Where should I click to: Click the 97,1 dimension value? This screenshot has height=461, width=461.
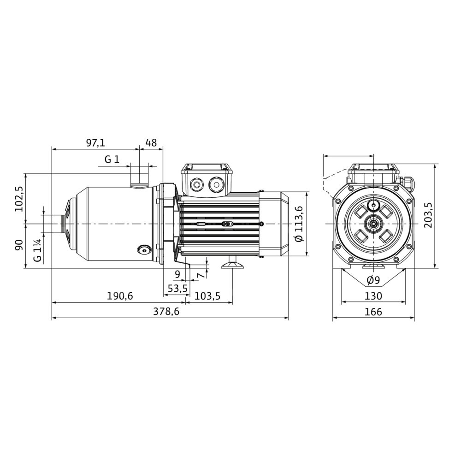(95, 143)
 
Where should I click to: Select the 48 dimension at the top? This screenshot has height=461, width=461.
(151, 143)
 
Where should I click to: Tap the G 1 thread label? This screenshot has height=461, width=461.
(112, 160)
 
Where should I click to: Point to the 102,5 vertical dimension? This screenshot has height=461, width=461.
(19, 199)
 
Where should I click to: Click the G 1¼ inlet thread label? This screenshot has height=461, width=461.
(37, 250)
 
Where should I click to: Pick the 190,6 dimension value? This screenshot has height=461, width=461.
(120, 296)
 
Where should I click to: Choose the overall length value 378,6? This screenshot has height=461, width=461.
(166, 312)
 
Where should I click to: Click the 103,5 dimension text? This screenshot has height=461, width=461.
(207, 296)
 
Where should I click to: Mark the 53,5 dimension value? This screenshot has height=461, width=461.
(177, 289)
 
